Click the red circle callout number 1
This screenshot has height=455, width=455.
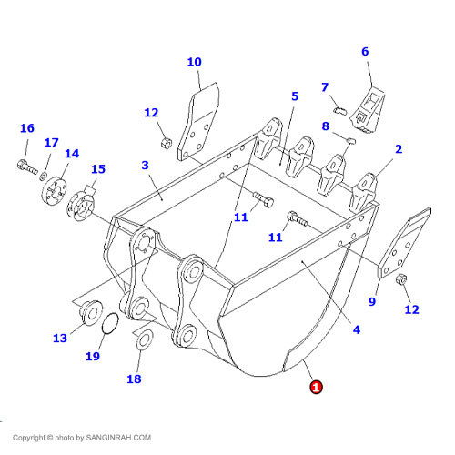point(316,387)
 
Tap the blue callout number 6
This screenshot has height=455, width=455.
point(365,52)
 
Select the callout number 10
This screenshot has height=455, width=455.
point(194,62)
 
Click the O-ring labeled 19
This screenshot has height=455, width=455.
point(110,323)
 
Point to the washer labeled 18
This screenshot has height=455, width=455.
point(145,339)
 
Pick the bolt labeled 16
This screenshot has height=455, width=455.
point(27,167)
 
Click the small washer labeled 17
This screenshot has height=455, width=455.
point(43,176)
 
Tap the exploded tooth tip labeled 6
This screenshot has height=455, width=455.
point(368,110)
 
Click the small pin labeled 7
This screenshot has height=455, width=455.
point(340,110)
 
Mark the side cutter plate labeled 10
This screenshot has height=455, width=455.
point(198,121)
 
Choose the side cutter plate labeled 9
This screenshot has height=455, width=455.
point(404,242)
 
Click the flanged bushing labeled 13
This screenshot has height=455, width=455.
point(90,313)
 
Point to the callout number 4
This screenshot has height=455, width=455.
point(357,329)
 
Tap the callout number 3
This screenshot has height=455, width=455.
point(145,166)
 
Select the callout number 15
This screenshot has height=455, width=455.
point(98,169)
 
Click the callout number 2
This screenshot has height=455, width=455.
point(399,149)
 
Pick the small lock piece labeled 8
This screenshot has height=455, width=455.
point(351,141)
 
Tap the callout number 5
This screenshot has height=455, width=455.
point(295,96)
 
